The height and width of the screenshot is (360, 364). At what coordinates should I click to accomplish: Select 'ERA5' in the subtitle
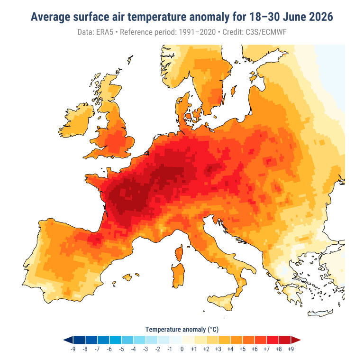(x=105, y=32)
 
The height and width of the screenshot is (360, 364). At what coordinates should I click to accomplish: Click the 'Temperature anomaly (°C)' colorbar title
(x=182, y=329)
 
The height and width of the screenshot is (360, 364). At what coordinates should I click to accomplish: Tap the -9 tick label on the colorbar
(x=73, y=349)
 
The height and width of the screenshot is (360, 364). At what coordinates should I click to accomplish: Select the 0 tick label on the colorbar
(x=182, y=349)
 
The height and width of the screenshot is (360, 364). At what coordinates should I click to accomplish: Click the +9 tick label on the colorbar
(x=291, y=349)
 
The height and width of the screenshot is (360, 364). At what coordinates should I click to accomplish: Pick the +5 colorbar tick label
(x=242, y=349)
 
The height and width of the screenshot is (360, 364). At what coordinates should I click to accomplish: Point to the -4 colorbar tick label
(x=133, y=349)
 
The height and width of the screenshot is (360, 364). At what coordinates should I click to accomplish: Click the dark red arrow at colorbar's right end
(x=296, y=340)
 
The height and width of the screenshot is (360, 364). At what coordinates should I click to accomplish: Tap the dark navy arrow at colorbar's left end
(x=68, y=340)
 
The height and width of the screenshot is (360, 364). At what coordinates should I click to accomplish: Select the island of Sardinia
(x=178, y=276)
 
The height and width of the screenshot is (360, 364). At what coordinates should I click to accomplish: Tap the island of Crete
(x=320, y=313)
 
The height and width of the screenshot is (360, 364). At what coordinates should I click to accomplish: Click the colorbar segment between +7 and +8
(x=273, y=340)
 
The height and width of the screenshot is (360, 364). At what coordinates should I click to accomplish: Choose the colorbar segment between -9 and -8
(x=79, y=340)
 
